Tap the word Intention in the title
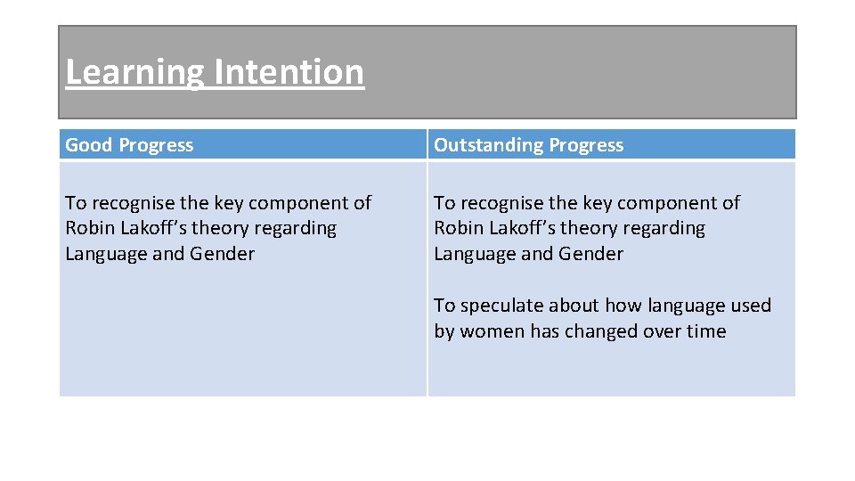(289, 72)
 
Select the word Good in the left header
(89, 145)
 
